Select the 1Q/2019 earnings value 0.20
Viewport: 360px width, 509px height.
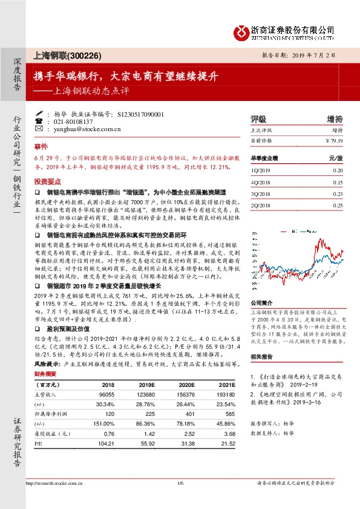click(x=337, y=170)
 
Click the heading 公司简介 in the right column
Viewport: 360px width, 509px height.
click(x=262, y=303)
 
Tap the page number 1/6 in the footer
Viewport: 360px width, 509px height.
click(x=180, y=484)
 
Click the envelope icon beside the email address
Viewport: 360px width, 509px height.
click(x=39, y=129)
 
